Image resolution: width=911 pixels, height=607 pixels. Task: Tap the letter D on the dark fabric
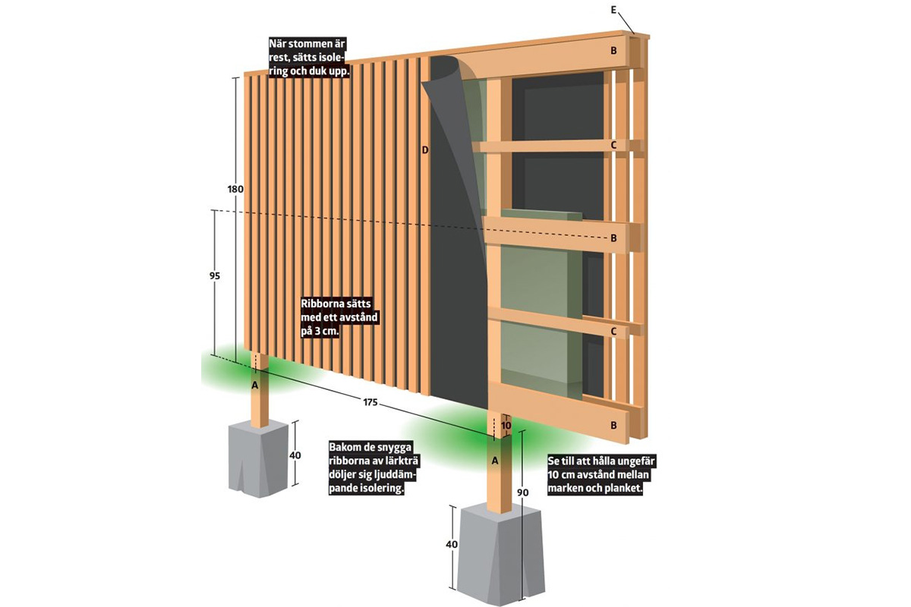pyautogui.click(x=425, y=150)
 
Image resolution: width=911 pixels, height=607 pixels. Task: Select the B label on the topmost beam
pyautogui.click(x=613, y=52)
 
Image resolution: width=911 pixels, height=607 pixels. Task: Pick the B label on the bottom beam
pyautogui.click(x=613, y=426)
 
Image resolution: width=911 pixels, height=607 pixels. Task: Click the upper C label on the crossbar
pyautogui.click(x=613, y=144)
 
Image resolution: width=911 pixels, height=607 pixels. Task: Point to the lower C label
pyautogui.click(x=613, y=332)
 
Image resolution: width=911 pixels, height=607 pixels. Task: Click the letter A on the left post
pyautogui.click(x=255, y=385)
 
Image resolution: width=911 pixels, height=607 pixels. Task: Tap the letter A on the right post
pyautogui.click(x=496, y=460)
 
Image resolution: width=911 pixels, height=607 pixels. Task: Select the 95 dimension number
pyautogui.click(x=215, y=277)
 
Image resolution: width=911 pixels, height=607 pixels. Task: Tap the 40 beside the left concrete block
pyautogui.click(x=295, y=455)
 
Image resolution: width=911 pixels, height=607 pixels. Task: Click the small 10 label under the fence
pyautogui.click(x=506, y=426)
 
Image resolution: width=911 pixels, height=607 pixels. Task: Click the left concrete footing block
pyautogui.click(x=259, y=459)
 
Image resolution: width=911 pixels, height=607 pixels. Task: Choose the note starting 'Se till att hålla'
pyautogui.click(x=595, y=475)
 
